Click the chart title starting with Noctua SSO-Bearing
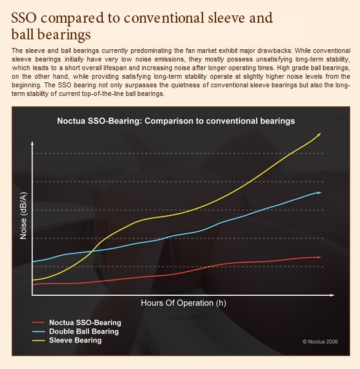[x=176, y=121]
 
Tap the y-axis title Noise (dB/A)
[x=23, y=216]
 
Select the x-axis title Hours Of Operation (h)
[x=183, y=303]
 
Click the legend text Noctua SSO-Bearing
[x=85, y=322]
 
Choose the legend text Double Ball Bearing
[x=84, y=331]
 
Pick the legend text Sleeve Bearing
[x=75, y=340]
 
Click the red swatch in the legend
[x=38, y=322]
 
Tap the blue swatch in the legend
[x=38, y=331]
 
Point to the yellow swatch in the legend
[x=38, y=340]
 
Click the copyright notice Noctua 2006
[x=320, y=341]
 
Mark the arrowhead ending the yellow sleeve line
[x=319, y=134]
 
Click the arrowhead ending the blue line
[x=319, y=192]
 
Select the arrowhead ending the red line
[x=319, y=257]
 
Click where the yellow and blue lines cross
[x=92, y=252]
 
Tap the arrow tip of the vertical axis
[x=32, y=141]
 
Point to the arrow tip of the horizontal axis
[x=334, y=295]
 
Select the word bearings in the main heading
[x=64, y=35]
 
